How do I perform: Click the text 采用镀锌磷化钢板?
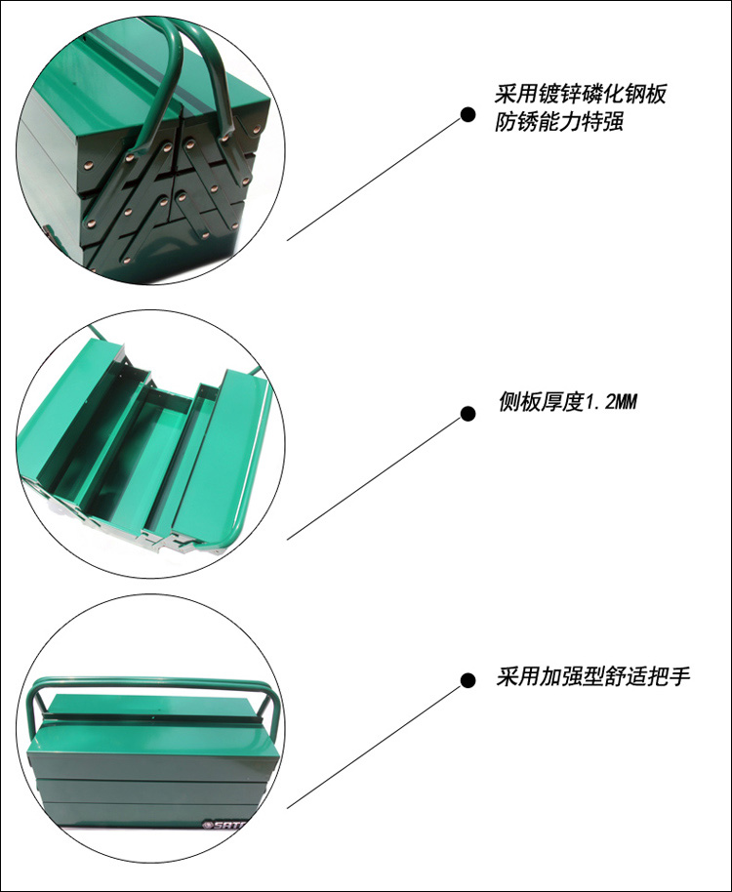point(580,94)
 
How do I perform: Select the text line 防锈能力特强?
point(559,121)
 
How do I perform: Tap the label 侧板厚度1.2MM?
point(567,402)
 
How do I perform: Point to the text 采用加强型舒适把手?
point(593,676)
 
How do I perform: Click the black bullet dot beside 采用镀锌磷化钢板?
point(468,115)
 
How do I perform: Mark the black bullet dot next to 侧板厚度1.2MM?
point(468,414)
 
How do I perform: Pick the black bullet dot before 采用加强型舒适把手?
point(468,680)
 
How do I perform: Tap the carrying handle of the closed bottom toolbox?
point(153,681)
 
